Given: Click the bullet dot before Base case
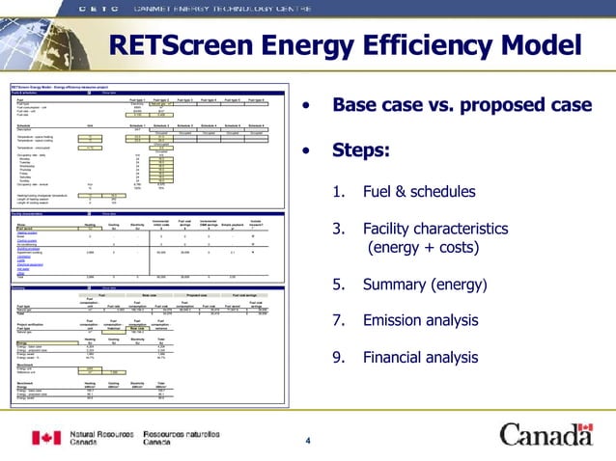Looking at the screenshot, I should (x=306, y=104).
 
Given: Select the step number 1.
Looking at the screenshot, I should (x=337, y=192).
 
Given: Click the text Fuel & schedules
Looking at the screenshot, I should (x=419, y=192).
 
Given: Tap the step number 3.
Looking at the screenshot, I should (x=337, y=229).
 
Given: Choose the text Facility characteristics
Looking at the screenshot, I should (x=435, y=229).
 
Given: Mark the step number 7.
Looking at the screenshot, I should (x=337, y=320).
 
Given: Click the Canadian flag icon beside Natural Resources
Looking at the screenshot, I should (x=46, y=439).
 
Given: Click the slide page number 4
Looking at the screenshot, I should (x=308, y=442).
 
